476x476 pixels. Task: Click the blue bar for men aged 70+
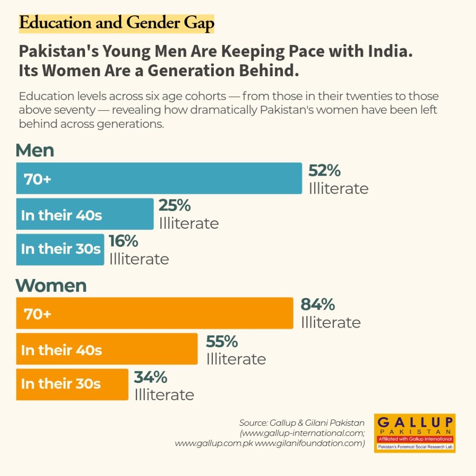pyautogui.click(x=159, y=178)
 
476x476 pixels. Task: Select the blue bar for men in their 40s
pyautogui.click(x=85, y=214)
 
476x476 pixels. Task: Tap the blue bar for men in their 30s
pyautogui.click(x=60, y=250)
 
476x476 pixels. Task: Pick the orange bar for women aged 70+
pyautogui.click(x=155, y=313)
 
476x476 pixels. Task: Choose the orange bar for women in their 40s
pyautogui.click(x=107, y=349)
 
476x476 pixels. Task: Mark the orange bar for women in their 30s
pyautogui.click(x=72, y=384)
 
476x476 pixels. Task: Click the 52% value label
pyautogui.click(x=324, y=171)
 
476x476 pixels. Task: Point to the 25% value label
pyautogui.click(x=175, y=205)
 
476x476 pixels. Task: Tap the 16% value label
pyautogui.click(x=124, y=241)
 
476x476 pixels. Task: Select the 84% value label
pyautogui.click(x=318, y=304)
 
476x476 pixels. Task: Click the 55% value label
pyautogui.click(x=222, y=342)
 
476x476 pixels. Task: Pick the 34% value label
pyautogui.click(x=151, y=377)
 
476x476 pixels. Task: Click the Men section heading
pyautogui.click(x=35, y=150)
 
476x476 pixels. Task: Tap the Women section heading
pyautogui.click(x=51, y=286)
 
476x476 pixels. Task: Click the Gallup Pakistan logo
pyautogui.click(x=415, y=433)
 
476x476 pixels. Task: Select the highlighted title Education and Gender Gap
pyautogui.click(x=117, y=23)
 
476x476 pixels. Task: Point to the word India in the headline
pyautogui.click(x=390, y=51)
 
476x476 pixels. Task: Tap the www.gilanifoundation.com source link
pyautogui.click(x=310, y=443)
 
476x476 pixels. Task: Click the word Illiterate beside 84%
pyautogui.click(x=331, y=323)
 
